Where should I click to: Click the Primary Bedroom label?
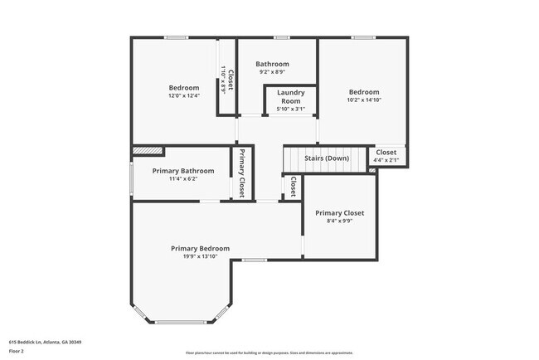tap(200, 248)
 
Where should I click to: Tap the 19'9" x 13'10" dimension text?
tap(200, 256)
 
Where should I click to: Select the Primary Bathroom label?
tap(183, 171)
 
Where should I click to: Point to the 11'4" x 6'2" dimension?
tap(183, 178)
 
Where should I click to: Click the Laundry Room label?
tap(291, 96)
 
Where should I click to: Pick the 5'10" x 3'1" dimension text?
tap(291, 109)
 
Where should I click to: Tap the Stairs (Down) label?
tap(327, 158)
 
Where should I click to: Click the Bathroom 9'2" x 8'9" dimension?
tap(272, 72)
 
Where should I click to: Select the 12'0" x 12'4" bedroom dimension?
tap(184, 96)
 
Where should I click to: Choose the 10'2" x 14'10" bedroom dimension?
tap(363, 100)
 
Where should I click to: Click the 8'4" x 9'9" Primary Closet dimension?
tap(339, 221)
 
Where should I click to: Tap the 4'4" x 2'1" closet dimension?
tap(386, 160)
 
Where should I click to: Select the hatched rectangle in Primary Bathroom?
tap(148, 151)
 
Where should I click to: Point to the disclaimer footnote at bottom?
tap(269, 353)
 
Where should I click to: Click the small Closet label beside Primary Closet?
tap(294, 187)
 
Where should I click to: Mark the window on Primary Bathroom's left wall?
tap(131, 176)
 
